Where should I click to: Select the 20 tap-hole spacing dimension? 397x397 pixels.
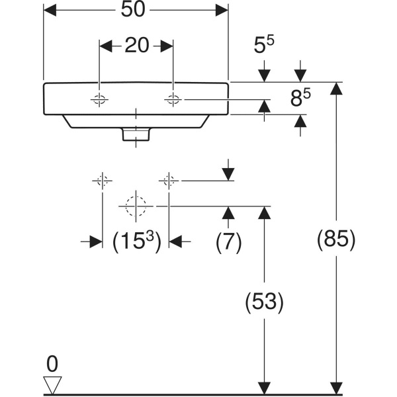point(136,45)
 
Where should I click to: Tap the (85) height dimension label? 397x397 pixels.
point(337,239)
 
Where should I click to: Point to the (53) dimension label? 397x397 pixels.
point(264,302)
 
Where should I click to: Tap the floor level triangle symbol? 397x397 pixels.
point(52,384)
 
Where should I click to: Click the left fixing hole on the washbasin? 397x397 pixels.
point(99,100)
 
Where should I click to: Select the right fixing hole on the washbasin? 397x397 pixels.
point(173,100)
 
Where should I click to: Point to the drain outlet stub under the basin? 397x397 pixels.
point(136,135)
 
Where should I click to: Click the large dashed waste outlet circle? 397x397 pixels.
point(136,206)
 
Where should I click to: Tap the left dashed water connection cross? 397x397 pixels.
point(102,180)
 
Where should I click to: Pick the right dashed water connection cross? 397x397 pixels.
point(169,180)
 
